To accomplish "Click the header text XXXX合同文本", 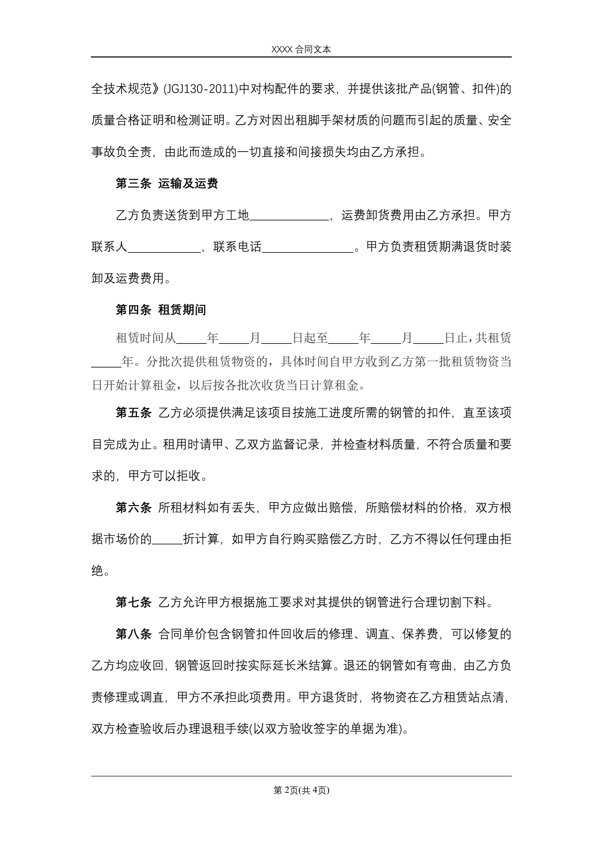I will coord(301,49).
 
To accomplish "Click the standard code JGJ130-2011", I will coord(201,89).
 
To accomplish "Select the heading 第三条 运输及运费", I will coord(167,184).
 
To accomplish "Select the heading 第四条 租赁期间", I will coord(161,310).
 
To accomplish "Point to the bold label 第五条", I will coord(133,413).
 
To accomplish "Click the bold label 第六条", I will coord(133,507).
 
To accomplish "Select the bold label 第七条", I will coord(133,602).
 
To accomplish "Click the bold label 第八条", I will coord(133,634).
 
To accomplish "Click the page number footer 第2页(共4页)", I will coord(301,790).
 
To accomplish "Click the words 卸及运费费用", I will coord(128,278).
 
